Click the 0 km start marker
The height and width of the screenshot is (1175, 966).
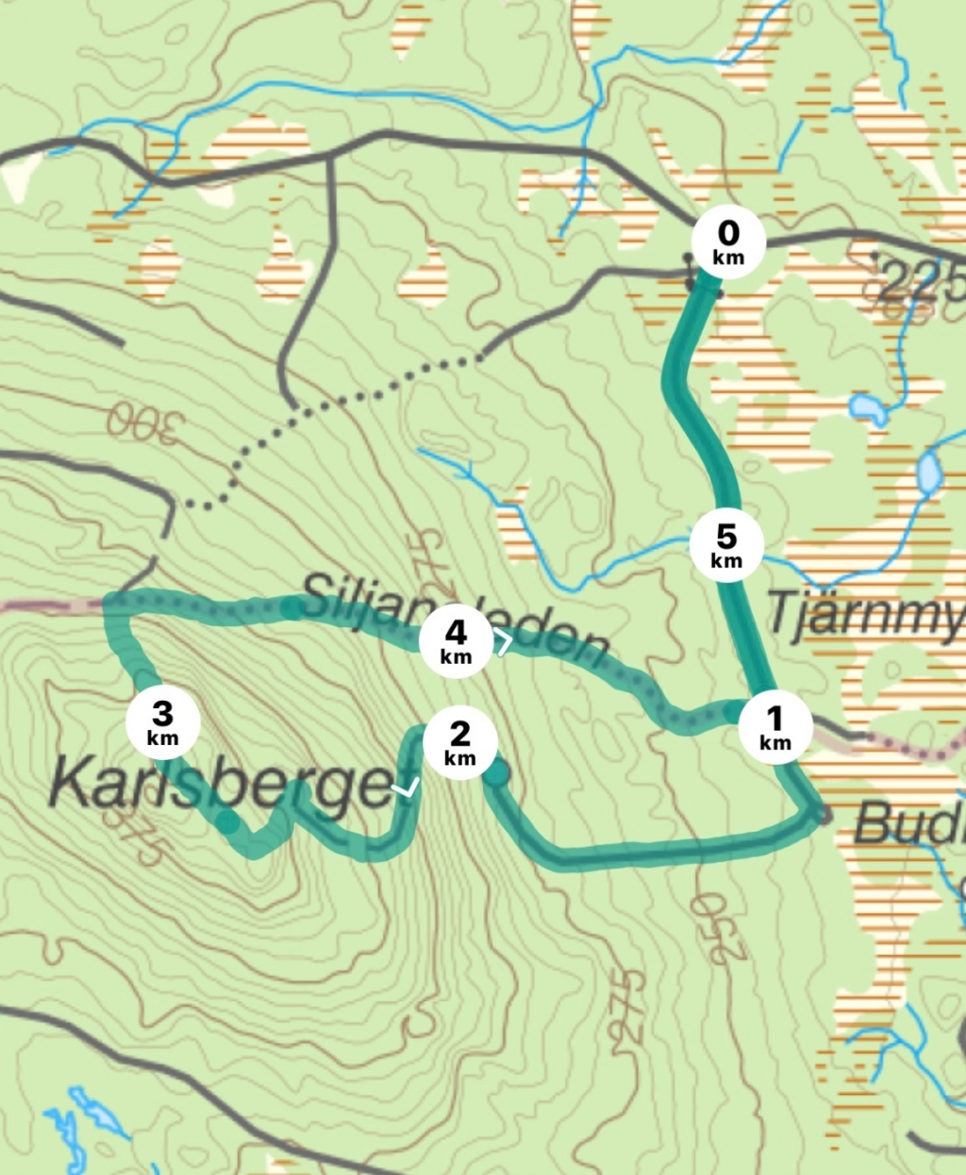click(x=727, y=242)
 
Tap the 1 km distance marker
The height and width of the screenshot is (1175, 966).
click(x=774, y=727)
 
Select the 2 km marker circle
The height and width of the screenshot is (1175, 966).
click(x=459, y=742)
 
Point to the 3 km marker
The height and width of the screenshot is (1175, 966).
click(x=163, y=723)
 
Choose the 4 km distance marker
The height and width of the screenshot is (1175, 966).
click(x=456, y=641)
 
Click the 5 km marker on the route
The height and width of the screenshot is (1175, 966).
click(x=726, y=546)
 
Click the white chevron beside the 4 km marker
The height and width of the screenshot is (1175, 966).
click(x=505, y=644)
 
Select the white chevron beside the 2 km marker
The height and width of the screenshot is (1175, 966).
click(x=408, y=788)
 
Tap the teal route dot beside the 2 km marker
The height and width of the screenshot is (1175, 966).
click(x=496, y=774)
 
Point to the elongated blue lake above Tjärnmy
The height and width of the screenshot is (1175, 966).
click(x=929, y=473)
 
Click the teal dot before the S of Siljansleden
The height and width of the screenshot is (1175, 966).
click(x=291, y=608)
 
